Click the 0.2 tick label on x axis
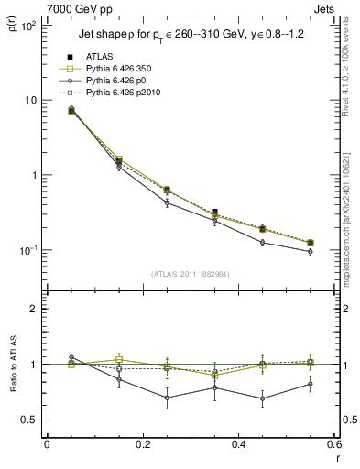[x=142, y=445]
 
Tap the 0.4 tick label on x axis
[x=238, y=445]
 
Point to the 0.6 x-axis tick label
[x=332, y=445]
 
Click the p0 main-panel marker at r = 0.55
[x=311, y=252]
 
